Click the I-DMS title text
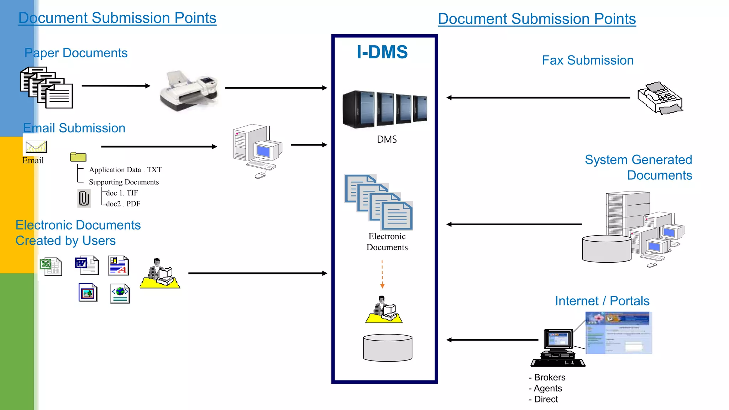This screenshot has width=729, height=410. click(x=382, y=52)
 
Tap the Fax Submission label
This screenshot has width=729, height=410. click(x=587, y=60)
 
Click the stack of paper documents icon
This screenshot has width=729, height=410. click(x=46, y=88)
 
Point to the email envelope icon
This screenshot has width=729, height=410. click(x=36, y=147)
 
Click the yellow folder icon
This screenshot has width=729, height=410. click(x=78, y=157)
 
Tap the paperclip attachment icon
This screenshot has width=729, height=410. click(x=84, y=198)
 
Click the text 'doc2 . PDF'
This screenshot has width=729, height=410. click(x=123, y=204)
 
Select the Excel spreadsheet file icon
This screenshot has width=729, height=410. click(x=51, y=267)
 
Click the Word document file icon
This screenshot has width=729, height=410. click(x=87, y=266)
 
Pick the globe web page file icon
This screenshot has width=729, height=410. click(x=120, y=294)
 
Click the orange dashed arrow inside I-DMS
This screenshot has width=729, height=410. click(x=382, y=274)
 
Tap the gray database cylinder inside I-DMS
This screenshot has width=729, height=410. click(x=388, y=348)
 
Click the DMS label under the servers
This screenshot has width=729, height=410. click(x=387, y=140)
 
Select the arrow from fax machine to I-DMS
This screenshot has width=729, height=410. click(x=537, y=98)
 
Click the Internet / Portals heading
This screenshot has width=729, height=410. click(x=602, y=301)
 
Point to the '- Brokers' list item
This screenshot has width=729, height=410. click(x=547, y=377)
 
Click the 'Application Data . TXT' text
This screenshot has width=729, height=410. click(x=125, y=170)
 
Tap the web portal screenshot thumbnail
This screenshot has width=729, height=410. click(x=618, y=333)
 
